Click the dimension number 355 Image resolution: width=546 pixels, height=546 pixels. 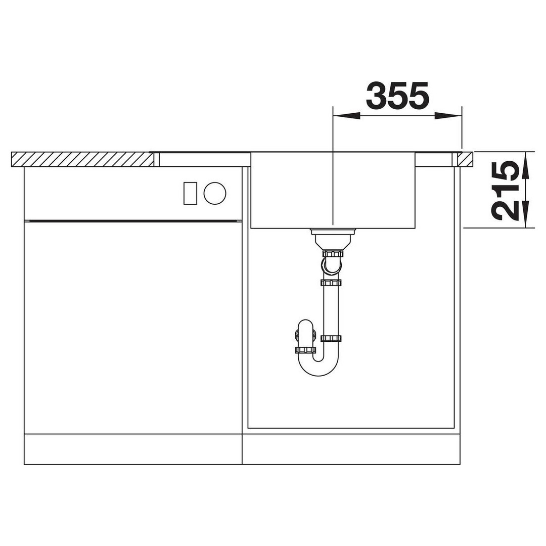[x=397, y=95]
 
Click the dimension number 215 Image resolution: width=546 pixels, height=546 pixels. [x=504, y=191]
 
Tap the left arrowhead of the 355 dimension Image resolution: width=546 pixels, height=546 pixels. [x=346, y=116]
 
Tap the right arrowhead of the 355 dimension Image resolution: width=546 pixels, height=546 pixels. [x=448, y=116]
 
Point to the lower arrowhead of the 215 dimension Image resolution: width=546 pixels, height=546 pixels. [x=526, y=214]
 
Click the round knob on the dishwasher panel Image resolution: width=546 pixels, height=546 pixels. [x=215, y=193]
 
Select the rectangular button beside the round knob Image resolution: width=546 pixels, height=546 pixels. [x=190, y=193]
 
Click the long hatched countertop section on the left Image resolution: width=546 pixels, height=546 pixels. [x=82, y=159]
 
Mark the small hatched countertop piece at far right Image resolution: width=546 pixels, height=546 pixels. [x=465, y=159]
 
